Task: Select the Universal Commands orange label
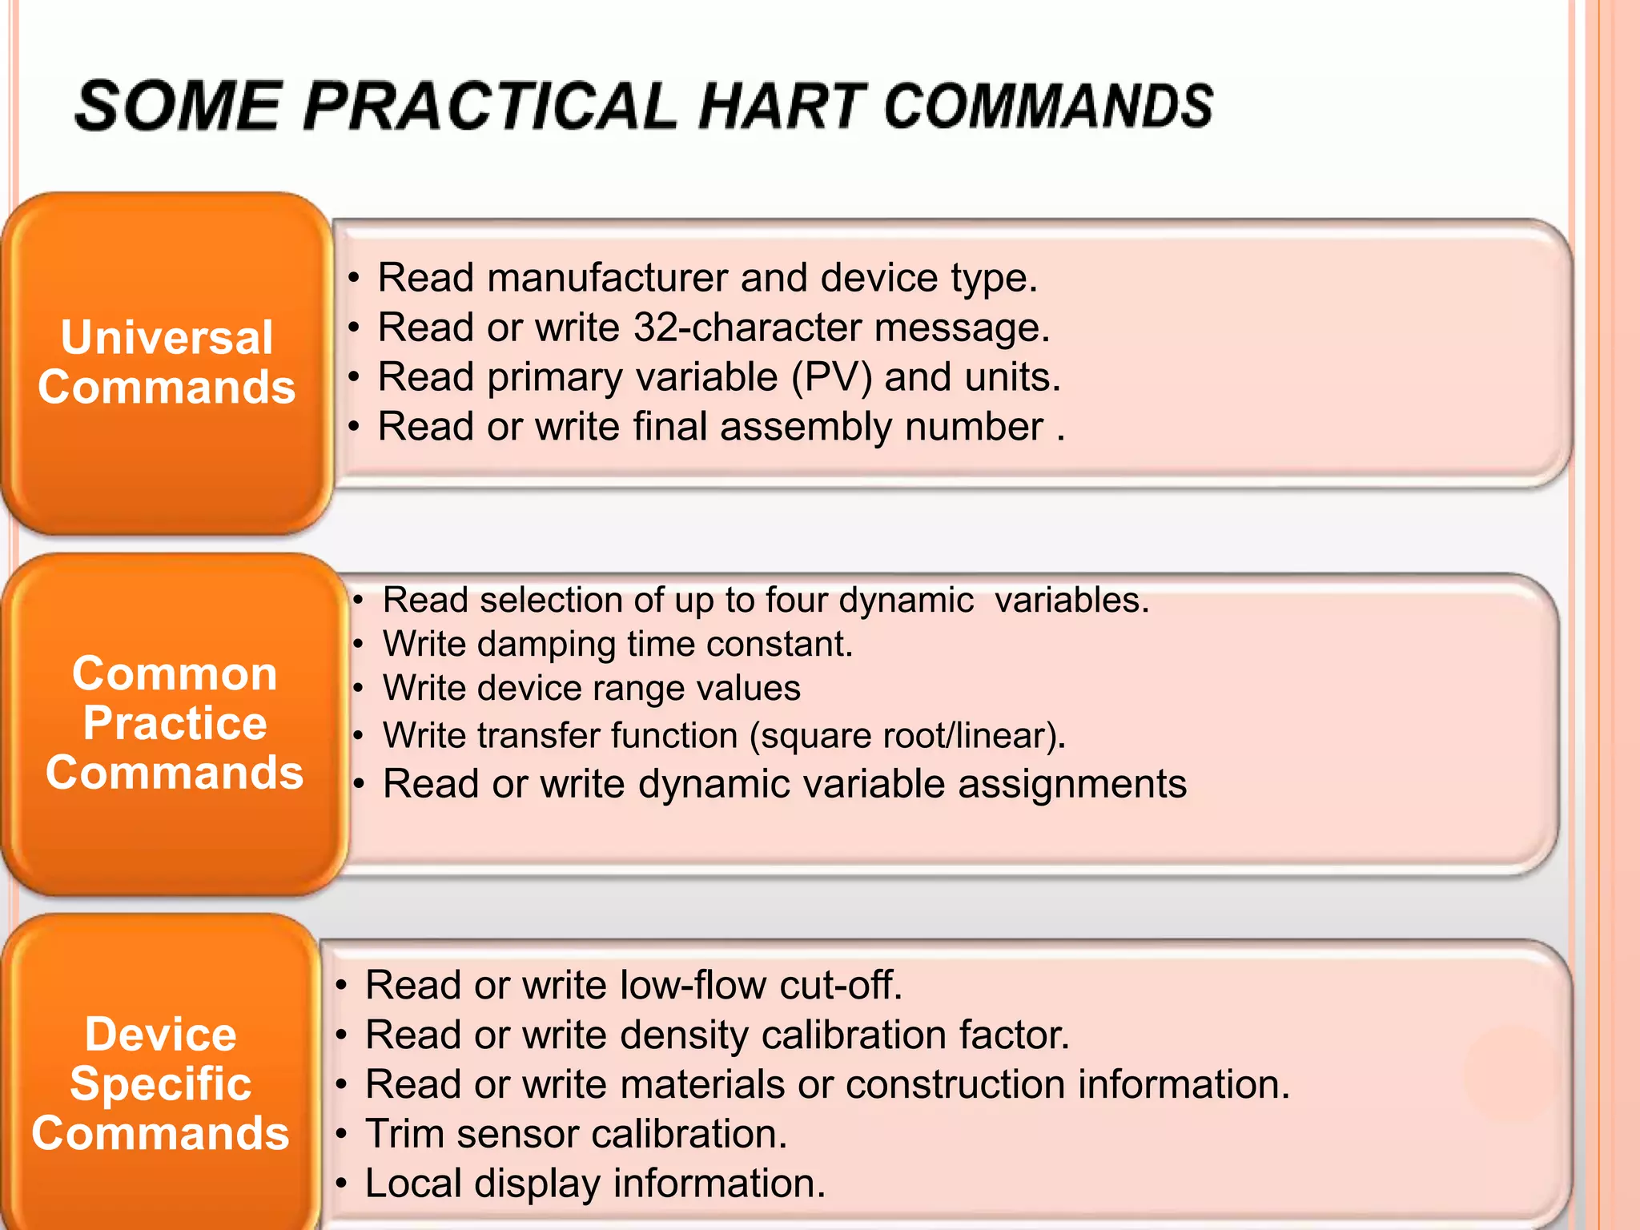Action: [x=167, y=362]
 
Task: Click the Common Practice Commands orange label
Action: [x=175, y=723]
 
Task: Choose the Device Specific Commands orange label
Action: [x=160, y=1083]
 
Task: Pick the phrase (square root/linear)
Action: [x=907, y=736]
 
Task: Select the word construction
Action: [x=955, y=1084]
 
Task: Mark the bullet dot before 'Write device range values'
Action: [x=358, y=689]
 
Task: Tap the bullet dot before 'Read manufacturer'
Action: [x=353, y=279]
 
